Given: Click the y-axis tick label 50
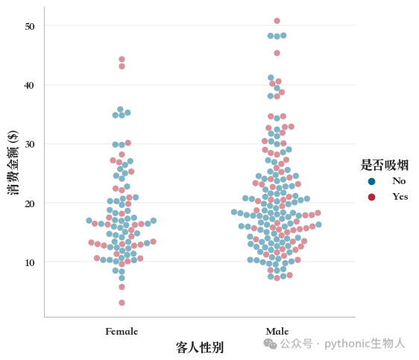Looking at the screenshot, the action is point(30,26).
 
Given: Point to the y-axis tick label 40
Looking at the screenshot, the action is point(29,86).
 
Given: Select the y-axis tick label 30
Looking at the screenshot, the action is point(30,144).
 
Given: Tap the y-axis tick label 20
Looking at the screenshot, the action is point(29,203).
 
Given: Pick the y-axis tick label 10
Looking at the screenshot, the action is point(30,263).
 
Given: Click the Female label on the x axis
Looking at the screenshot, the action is point(122,332).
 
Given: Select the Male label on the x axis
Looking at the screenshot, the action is point(277,332).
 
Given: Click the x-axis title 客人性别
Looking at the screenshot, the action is point(200,347).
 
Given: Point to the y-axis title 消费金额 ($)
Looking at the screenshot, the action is point(13,162).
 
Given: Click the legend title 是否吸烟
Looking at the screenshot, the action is point(385,165).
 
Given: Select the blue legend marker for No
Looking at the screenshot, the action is point(371,182).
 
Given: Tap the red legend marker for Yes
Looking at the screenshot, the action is point(371,197).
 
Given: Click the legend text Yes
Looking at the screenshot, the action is point(400,197).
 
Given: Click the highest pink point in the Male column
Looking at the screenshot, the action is point(277,21).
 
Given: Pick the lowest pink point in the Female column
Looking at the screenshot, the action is point(122,303).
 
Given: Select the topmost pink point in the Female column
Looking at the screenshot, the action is point(122,60).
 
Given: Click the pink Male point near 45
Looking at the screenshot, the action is point(277,53).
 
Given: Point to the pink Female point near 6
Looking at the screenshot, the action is point(122,287).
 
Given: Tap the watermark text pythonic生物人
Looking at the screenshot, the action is point(365,344).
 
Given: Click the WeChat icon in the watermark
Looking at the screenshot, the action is point(270,344).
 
